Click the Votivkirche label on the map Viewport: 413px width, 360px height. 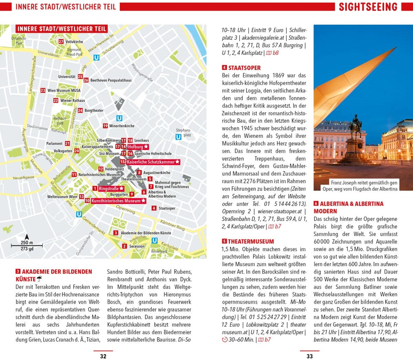coord(74,42)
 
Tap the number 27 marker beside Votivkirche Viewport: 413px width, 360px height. coord(61,42)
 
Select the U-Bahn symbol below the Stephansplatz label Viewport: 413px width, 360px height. coord(178,137)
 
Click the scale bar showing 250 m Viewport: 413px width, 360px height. coord(27,245)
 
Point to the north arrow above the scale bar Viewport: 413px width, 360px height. coord(27,237)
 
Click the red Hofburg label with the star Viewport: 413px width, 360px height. coord(138,147)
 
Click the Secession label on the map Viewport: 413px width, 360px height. coord(137,246)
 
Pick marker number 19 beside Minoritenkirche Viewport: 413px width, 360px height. coord(105,126)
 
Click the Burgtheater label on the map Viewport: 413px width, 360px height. coord(94,110)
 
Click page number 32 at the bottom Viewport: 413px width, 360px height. coord(103,356)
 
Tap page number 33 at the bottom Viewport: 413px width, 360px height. coord(309,356)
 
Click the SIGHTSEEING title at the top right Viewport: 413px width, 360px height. coord(368,7)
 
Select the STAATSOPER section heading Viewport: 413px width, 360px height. coord(244,68)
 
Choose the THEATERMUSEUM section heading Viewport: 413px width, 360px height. coord(251,241)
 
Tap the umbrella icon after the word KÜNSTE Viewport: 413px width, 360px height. coord(40,279)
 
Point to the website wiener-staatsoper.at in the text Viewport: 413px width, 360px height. coord(279,211)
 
